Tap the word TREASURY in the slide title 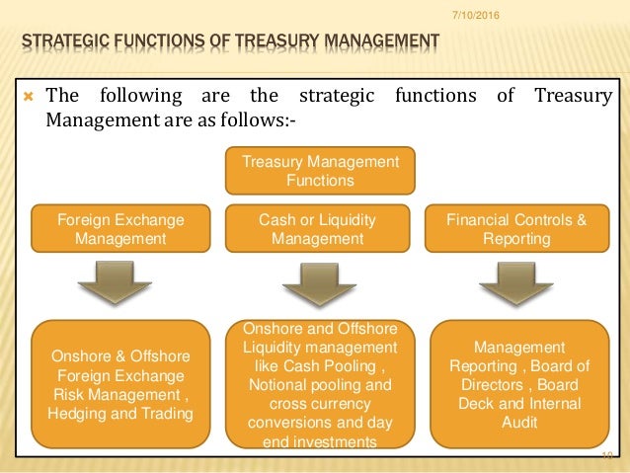[x=273, y=40]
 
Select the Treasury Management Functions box [x=322, y=171]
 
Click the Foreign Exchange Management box [x=119, y=229]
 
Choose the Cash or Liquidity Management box [x=317, y=229]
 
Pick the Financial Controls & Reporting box [x=515, y=229]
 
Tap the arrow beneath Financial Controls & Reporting [x=515, y=283]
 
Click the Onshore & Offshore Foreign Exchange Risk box [x=119, y=384]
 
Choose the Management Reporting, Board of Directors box [x=519, y=384]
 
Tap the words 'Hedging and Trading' [x=121, y=413]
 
